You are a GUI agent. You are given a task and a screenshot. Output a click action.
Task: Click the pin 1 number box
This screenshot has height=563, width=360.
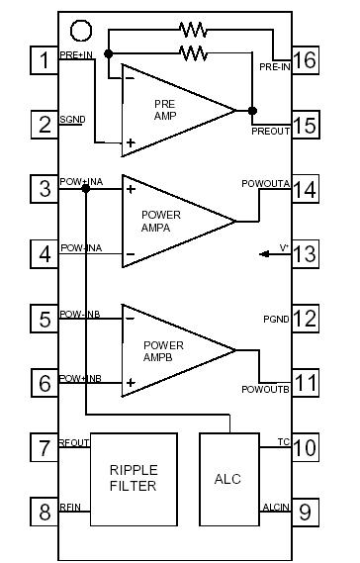[x=44, y=60]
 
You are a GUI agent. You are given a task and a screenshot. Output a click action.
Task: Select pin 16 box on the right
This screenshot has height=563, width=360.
[x=305, y=60]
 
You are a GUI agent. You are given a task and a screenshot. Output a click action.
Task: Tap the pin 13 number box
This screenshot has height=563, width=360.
[x=305, y=253]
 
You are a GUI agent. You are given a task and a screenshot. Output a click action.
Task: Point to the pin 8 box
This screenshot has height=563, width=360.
[x=44, y=512]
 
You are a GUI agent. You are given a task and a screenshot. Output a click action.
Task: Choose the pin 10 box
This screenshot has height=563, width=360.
[x=305, y=447]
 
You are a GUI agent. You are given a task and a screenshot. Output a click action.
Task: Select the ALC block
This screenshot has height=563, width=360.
[x=227, y=478]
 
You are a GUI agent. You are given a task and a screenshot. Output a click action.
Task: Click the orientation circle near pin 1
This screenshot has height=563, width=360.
[x=83, y=33]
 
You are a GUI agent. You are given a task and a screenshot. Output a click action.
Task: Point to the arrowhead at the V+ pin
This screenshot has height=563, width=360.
[x=264, y=254]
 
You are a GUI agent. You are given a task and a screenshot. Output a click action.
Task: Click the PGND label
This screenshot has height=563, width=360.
[x=275, y=320]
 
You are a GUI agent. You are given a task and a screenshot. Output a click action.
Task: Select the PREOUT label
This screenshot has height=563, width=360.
[x=271, y=129]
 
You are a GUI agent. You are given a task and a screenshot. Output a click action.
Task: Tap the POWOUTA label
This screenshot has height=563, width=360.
[x=265, y=182]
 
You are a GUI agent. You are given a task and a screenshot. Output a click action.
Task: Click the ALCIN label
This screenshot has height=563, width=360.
[x=273, y=506]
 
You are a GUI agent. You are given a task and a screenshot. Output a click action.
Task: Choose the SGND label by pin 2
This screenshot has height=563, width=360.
[x=72, y=120]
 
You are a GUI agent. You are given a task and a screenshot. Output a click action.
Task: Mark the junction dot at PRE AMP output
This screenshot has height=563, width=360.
[x=252, y=110]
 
